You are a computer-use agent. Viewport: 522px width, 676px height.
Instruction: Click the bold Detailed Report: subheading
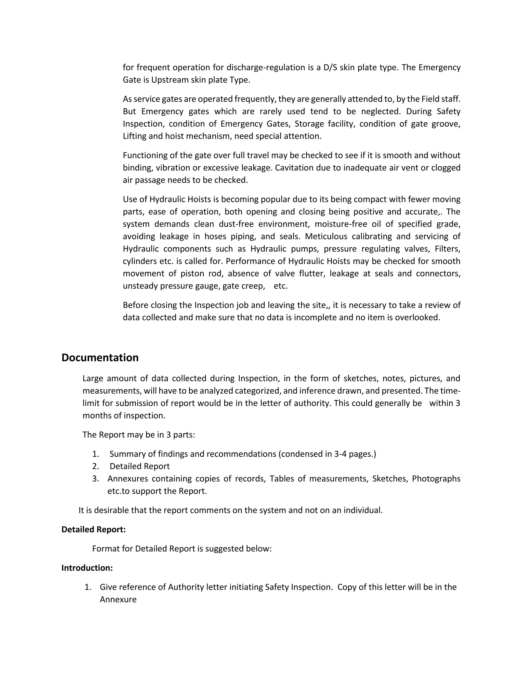pos(93,530)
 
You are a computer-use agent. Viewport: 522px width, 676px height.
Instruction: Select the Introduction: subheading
pos(87,568)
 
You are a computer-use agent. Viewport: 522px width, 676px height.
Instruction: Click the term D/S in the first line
pos(330,68)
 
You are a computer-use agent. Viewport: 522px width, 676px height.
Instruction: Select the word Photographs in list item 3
pos(436,479)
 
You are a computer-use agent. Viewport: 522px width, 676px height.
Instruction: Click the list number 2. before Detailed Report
pos(96,467)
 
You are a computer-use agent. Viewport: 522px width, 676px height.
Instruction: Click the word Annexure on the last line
pos(118,599)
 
